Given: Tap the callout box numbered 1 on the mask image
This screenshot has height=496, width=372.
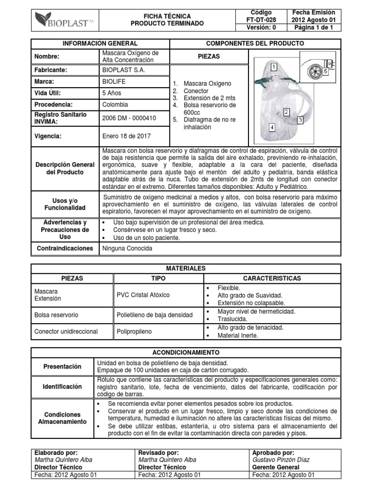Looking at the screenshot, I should click(x=274, y=66).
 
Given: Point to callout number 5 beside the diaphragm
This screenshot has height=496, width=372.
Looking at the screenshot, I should click(x=326, y=71).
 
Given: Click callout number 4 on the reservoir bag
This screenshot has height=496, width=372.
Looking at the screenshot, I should click(x=271, y=128).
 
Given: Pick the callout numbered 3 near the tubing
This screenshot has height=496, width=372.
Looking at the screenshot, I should click(x=300, y=119).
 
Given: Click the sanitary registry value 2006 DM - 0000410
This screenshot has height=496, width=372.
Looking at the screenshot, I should click(x=129, y=117).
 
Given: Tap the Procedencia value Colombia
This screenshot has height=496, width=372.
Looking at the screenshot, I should click(x=115, y=105).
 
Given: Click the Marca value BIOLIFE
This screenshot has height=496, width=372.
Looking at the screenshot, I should click(x=114, y=81).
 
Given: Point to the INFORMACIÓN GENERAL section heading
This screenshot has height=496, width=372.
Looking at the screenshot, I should click(x=100, y=44).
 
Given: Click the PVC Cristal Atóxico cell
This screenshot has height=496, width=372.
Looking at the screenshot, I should click(x=143, y=294).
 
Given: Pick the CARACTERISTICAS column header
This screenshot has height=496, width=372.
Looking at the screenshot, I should click(x=271, y=279).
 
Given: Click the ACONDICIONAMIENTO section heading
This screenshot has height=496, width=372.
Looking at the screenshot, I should click(x=186, y=352).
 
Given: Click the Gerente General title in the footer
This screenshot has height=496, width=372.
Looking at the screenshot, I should click(x=276, y=467).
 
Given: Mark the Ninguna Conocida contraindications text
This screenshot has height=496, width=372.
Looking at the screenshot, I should click(x=127, y=248).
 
